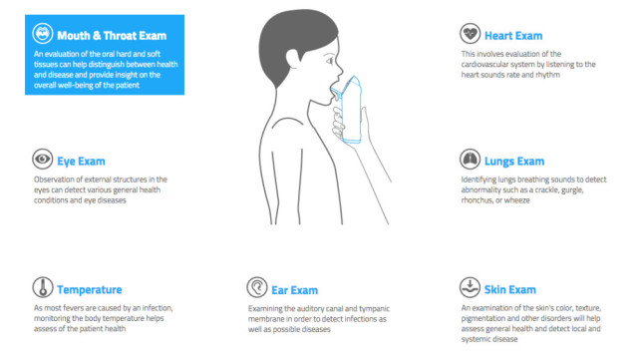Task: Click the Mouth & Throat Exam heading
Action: click(x=112, y=36)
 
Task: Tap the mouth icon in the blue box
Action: click(x=42, y=33)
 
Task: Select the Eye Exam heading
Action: click(x=81, y=162)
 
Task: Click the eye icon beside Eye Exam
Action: click(x=42, y=159)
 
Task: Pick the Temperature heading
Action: click(x=90, y=289)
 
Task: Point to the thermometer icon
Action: click(x=42, y=287)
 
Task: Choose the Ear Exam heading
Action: click(x=295, y=290)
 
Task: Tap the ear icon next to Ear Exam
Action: click(x=257, y=287)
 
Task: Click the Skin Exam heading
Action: click(x=509, y=289)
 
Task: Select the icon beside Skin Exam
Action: click(x=470, y=287)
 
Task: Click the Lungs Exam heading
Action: click(x=514, y=162)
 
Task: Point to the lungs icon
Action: click(x=470, y=159)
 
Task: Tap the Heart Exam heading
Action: click(x=513, y=36)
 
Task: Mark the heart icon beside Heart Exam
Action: click(x=470, y=33)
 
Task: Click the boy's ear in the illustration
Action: click(x=293, y=59)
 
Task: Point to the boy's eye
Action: click(x=330, y=62)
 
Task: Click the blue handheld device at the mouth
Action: click(x=348, y=110)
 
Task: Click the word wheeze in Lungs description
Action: click(x=517, y=200)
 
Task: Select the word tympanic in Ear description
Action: click(x=374, y=309)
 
